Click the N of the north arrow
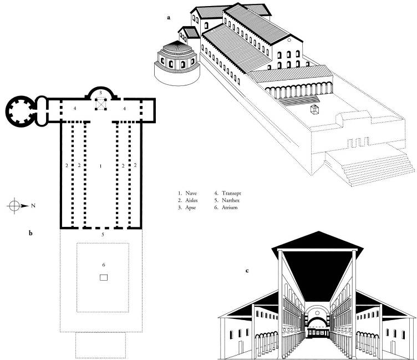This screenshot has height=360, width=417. (33, 206)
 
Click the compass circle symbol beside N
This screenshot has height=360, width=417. (15, 206)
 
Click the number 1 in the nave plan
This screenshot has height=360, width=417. (100, 165)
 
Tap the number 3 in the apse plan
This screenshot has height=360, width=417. (100, 90)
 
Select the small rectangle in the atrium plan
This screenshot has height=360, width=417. (103, 278)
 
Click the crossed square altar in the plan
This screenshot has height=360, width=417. (101, 103)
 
